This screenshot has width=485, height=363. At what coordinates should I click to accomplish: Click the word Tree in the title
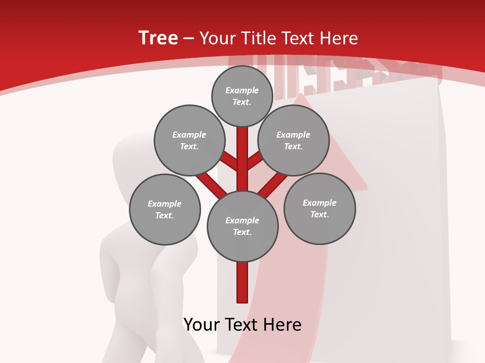(158, 38)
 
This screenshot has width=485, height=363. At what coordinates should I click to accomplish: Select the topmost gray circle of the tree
(242, 96)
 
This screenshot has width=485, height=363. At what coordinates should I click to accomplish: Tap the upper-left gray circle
(189, 140)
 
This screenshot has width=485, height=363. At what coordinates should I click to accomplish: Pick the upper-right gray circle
(294, 140)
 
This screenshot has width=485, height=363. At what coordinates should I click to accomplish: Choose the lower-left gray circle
(165, 209)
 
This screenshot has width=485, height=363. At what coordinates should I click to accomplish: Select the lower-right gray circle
(319, 208)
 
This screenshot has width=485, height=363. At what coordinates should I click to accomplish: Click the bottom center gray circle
(243, 226)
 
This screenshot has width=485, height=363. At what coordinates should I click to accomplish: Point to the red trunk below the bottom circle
(243, 282)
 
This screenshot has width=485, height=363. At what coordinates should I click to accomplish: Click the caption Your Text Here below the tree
(243, 325)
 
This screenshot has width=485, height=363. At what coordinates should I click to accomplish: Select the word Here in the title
(341, 38)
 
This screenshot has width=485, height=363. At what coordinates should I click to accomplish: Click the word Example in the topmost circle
(242, 90)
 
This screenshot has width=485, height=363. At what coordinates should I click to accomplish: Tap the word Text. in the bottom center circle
(242, 232)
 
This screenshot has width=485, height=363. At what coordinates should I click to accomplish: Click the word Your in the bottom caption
(202, 325)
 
